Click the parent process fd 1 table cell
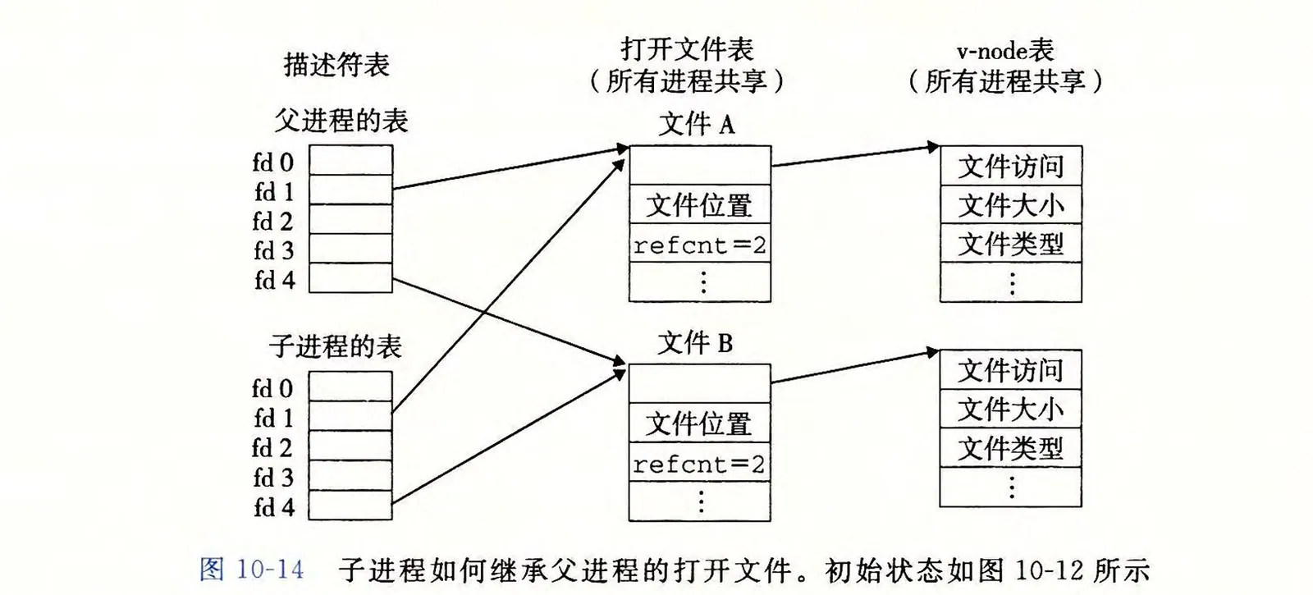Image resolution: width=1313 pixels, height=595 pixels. (x=350, y=190)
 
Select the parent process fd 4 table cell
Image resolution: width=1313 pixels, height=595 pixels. (x=350, y=278)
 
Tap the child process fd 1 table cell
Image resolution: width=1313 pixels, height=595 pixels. (x=350, y=416)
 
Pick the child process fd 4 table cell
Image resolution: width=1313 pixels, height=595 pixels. (x=350, y=505)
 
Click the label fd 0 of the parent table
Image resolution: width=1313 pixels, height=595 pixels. (x=273, y=162)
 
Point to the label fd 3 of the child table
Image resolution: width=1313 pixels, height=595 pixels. (x=273, y=477)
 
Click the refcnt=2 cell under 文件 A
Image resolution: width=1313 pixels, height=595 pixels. (x=700, y=245)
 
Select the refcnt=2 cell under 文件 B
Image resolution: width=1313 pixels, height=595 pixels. (x=699, y=465)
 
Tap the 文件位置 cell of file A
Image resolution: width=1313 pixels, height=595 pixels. (x=699, y=205)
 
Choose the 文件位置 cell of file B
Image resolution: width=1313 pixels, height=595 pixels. (x=699, y=424)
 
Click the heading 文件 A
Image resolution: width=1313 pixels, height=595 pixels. (x=697, y=125)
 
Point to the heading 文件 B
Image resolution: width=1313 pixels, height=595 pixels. (x=695, y=343)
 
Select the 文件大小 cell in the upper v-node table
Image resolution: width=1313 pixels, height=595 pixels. (x=1011, y=205)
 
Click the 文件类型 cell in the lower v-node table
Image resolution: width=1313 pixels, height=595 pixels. (x=1010, y=449)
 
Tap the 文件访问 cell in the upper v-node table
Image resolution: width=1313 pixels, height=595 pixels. (x=1011, y=167)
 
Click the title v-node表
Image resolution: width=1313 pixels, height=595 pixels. (x=1005, y=51)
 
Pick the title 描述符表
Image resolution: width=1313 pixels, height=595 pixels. (x=336, y=65)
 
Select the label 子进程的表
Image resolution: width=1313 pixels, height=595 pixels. (x=336, y=346)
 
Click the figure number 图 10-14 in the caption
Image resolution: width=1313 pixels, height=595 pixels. (x=252, y=570)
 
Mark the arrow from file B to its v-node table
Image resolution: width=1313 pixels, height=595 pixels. (x=853, y=367)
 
